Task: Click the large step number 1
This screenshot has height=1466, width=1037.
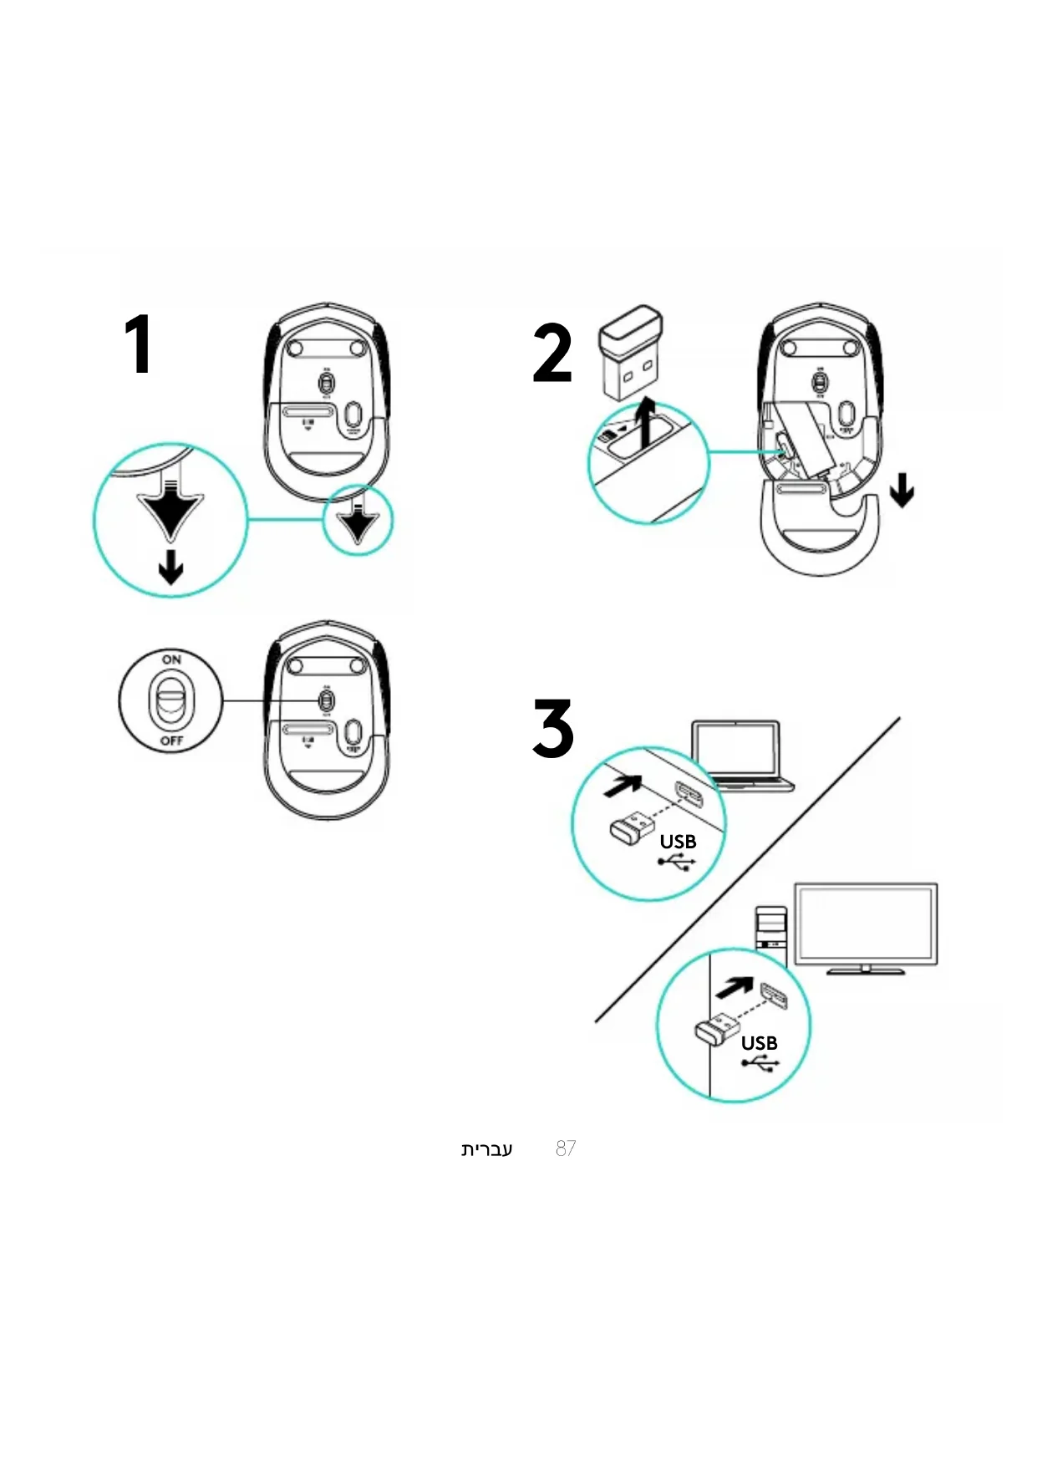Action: pos(139,344)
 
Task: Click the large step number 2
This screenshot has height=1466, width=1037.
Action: pos(552,354)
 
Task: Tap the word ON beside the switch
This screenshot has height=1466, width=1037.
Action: pos(171,659)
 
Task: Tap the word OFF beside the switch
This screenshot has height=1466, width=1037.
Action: pos(171,741)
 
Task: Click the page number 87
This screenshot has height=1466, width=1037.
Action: pos(566,1148)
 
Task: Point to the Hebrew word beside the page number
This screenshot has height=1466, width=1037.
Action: pos(486,1149)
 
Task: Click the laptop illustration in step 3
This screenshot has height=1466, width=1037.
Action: pos(740,756)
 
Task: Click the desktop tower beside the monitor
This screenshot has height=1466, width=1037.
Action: pos(771,929)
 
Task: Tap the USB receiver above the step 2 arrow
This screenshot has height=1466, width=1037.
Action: pos(629,354)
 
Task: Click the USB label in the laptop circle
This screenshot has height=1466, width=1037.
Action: pos(678,842)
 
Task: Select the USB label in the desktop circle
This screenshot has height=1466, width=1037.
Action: pos(759,1043)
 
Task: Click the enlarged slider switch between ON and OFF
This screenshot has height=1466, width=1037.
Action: pos(171,700)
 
